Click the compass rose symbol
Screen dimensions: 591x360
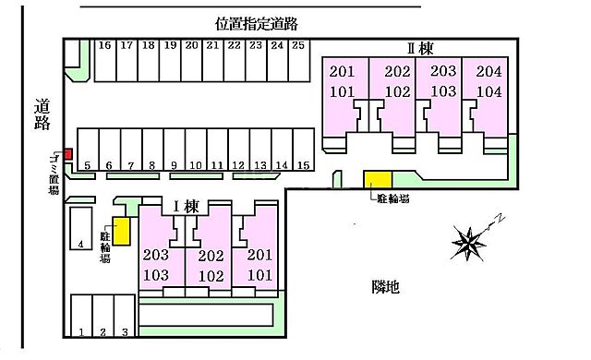(x=470, y=241)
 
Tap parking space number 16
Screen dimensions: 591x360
(x=104, y=44)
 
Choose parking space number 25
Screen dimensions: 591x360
(x=296, y=44)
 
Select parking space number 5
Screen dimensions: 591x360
(x=87, y=166)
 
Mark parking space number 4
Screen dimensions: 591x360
(x=81, y=245)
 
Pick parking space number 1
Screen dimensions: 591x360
(x=81, y=331)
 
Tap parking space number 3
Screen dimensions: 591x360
(x=125, y=331)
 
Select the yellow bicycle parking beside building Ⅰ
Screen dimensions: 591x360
(x=121, y=231)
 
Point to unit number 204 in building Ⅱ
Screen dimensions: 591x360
(x=488, y=71)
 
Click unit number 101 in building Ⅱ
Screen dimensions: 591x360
(x=341, y=91)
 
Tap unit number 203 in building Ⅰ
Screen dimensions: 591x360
(x=155, y=255)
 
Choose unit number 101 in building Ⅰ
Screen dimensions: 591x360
(x=259, y=274)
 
